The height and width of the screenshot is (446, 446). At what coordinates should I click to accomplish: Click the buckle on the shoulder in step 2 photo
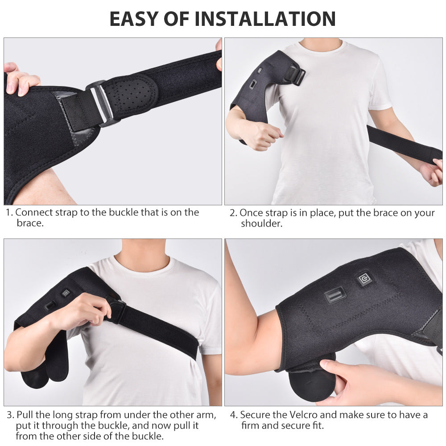[x=295, y=75]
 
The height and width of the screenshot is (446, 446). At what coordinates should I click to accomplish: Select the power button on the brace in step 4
[x=364, y=280]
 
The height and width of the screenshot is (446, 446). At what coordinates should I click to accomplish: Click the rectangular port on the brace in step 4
[x=334, y=296]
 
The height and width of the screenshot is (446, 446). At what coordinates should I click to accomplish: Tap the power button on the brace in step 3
[x=66, y=293]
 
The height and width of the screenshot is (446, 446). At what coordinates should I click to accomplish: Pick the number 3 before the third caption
[x=9, y=415]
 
